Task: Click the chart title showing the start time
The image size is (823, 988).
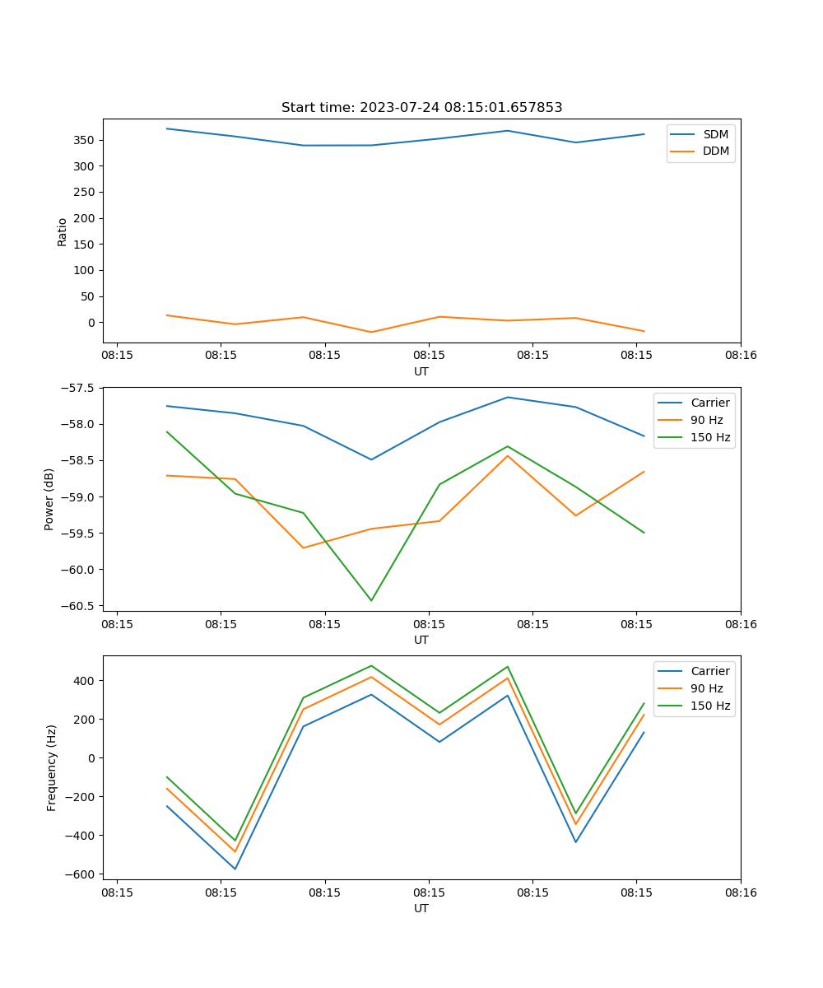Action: point(421,108)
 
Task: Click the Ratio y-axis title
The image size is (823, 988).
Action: point(63,231)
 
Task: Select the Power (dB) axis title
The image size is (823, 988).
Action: point(50,499)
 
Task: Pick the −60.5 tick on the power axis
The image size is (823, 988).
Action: point(80,606)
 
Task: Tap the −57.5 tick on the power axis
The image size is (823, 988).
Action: point(80,388)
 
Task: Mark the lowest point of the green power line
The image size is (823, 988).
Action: point(371,600)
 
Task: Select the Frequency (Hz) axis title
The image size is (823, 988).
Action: point(52,767)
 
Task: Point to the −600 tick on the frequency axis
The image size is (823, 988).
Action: point(81,874)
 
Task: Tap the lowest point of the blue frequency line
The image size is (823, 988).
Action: point(235,869)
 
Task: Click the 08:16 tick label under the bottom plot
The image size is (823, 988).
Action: point(740,892)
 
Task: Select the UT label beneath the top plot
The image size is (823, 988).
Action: point(421,371)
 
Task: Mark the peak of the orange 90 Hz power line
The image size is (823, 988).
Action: point(508,455)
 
